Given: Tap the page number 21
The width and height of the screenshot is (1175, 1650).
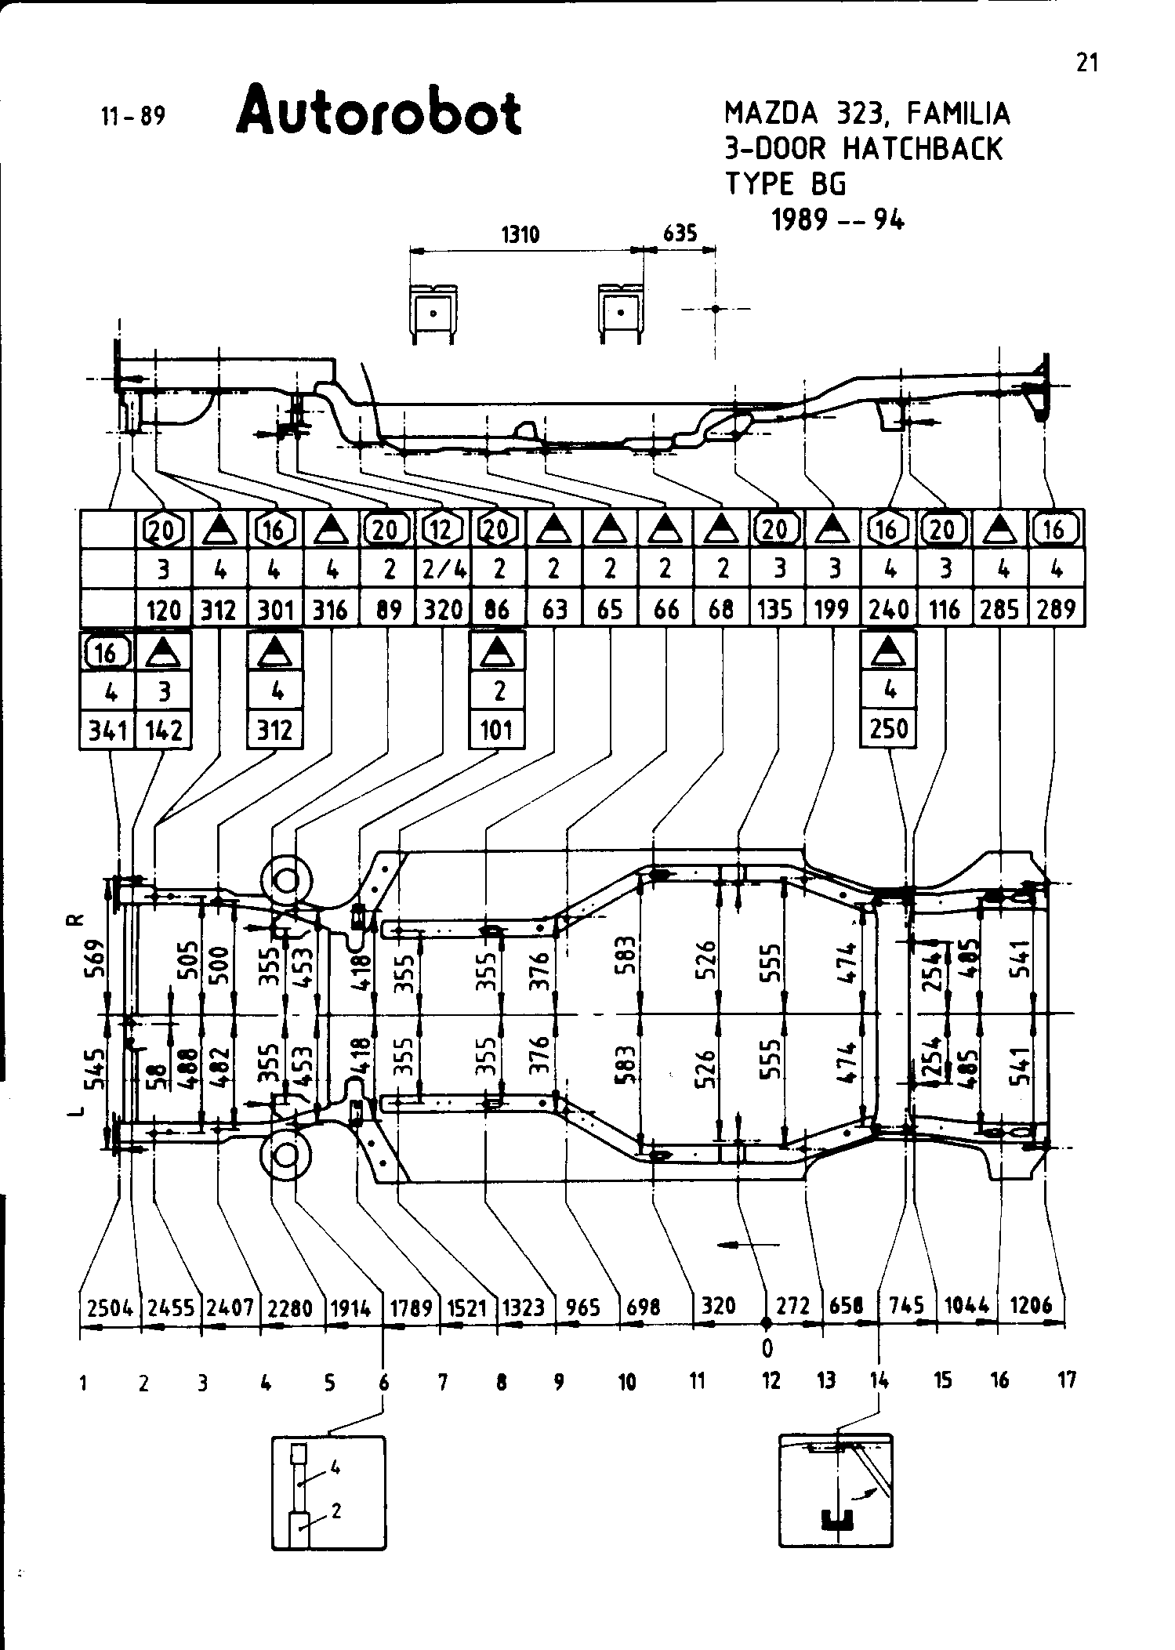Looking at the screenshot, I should click(1086, 63).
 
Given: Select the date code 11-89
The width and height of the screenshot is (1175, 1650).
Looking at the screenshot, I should click(133, 117).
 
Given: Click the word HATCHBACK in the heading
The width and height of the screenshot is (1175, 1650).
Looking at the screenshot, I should click(923, 149).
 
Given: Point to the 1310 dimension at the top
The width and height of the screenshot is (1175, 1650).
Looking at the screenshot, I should click(520, 234).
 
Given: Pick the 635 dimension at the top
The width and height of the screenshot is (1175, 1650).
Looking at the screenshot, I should click(680, 234).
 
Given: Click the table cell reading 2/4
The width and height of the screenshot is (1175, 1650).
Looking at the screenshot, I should click(443, 570).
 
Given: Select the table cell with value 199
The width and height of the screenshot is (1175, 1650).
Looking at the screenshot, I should click(832, 609).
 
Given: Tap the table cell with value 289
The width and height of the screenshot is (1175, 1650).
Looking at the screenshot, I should click(1055, 609).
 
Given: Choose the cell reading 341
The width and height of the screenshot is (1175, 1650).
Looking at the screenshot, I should click(108, 731).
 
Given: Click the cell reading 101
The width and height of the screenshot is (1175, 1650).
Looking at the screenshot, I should click(497, 731).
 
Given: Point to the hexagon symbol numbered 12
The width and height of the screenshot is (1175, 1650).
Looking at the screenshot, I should click(443, 531).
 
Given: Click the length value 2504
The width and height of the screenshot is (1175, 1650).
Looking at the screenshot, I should click(110, 1307).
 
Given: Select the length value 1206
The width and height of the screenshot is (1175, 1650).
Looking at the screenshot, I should click(1031, 1306).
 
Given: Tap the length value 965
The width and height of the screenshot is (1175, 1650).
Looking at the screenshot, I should click(583, 1307).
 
